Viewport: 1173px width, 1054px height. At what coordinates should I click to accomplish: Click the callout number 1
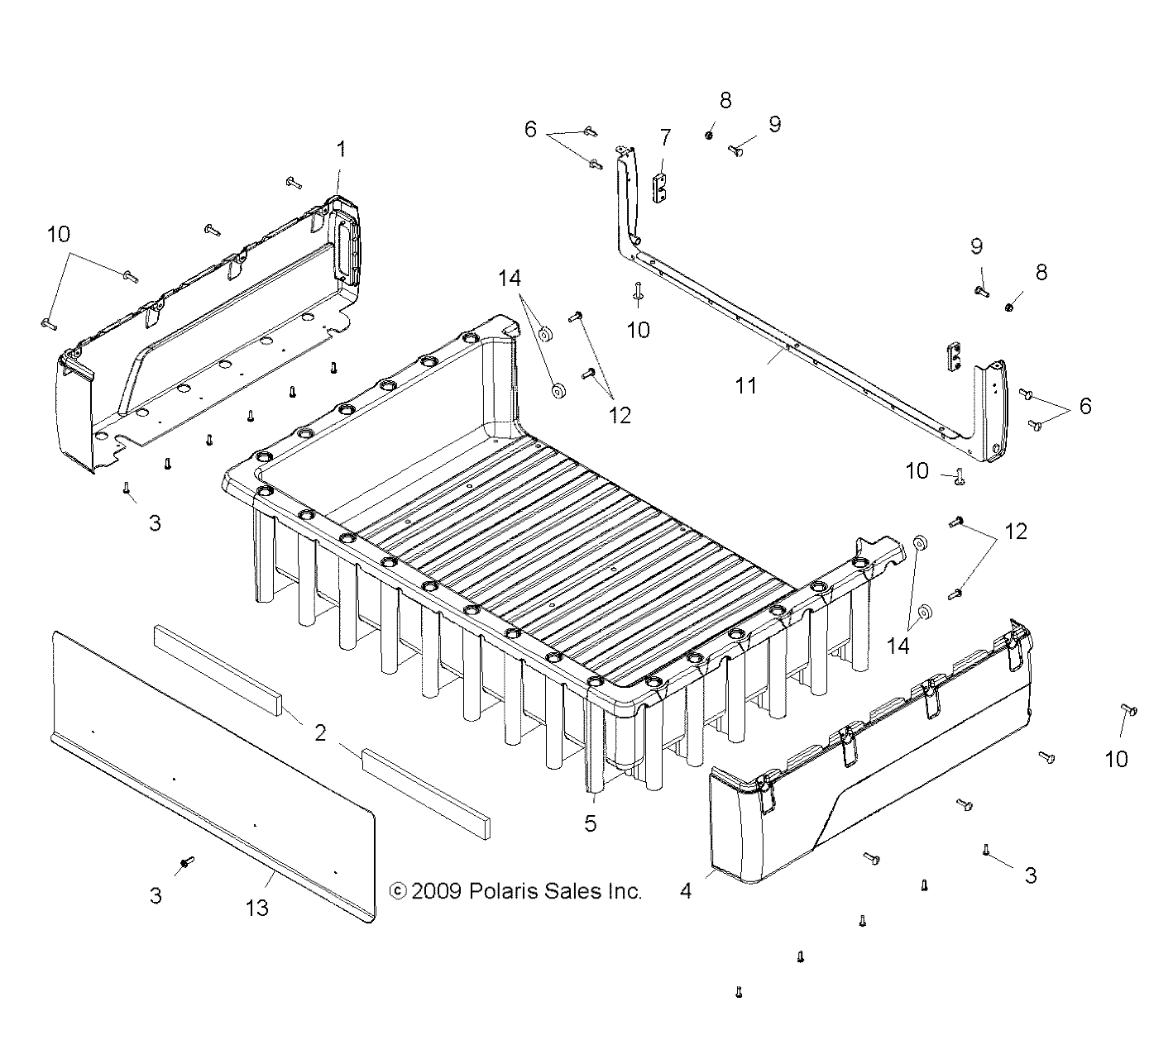pyautogui.click(x=341, y=150)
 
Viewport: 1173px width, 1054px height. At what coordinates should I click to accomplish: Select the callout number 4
pyautogui.click(x=685, y=891)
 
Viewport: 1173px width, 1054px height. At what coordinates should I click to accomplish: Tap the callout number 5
pyautogui.click(x=590, y=824)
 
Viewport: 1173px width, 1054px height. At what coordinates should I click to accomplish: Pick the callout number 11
pyautogui.click(x=746, y=386)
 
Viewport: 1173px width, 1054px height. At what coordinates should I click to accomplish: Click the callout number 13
pyautogui.click(x=257, y=908)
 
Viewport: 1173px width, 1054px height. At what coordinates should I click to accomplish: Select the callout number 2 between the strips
pyautogui.click(x=319, y=732)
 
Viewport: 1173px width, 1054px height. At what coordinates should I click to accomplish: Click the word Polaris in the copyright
pyautogui.click(x=501, y=891)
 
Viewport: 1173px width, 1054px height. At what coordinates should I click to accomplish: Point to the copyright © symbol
pyautogui.click(x=398, y=891)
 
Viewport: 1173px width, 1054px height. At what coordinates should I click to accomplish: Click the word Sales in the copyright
pyautogui.click(x=568, y=891)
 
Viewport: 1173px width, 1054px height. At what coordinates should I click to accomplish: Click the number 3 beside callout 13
pyautogui.click(x=156, y=895)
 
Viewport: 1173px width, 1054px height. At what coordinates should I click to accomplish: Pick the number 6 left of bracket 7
pyautogui.click(x=530, y=130)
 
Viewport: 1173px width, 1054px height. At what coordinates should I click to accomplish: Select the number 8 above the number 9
pyautogui.click(x=725, y=101)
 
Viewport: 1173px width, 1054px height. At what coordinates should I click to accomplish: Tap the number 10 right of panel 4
pyautogui.click(x=1116, y=759)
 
